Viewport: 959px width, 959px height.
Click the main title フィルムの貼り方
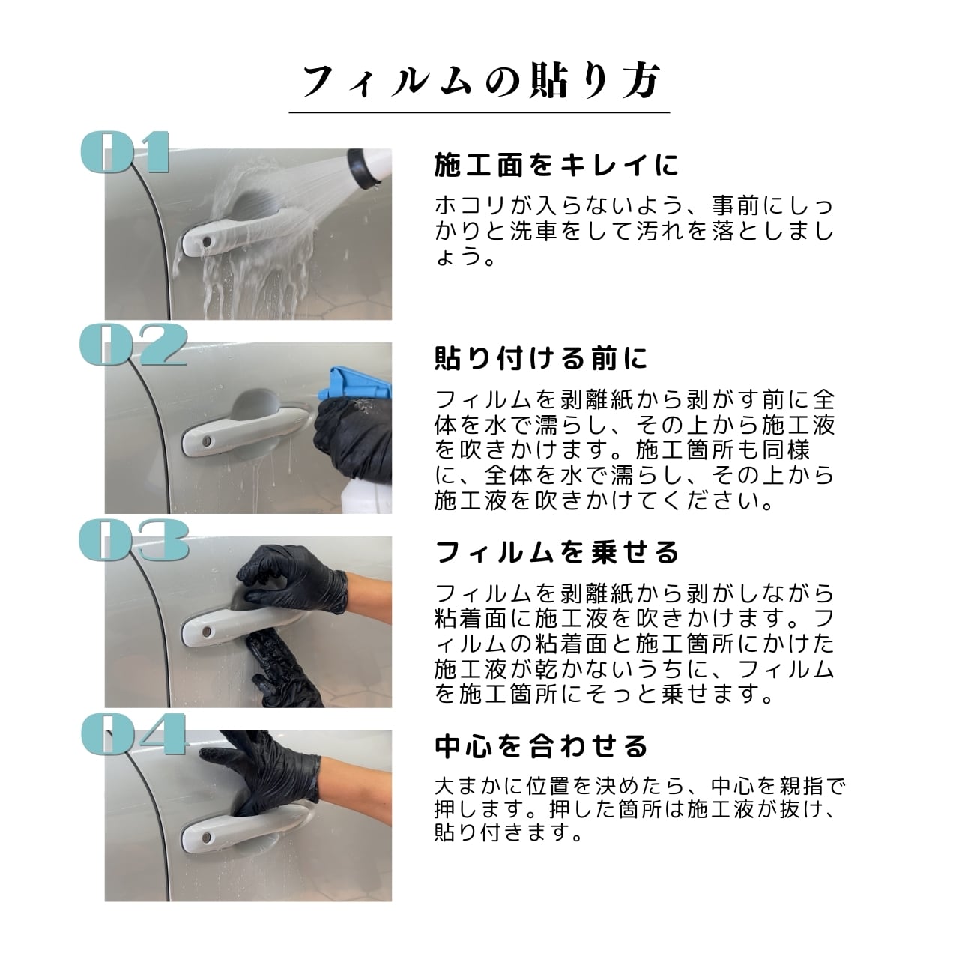[481, 81]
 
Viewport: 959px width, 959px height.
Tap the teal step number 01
[125, 152]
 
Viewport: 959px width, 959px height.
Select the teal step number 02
[133, 345]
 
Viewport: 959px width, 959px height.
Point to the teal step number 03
[134, 540]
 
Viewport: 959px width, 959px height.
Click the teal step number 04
[133, 733]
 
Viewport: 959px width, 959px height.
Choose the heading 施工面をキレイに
[557, 166]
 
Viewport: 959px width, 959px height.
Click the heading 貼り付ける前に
[541, 358]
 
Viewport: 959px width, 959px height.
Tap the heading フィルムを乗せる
[557, 552]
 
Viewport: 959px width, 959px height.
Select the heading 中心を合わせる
[541, 746]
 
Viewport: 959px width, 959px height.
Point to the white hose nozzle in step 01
[369, 169]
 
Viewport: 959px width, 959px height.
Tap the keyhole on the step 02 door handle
[205, 441]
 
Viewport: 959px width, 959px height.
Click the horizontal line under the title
[479, 112]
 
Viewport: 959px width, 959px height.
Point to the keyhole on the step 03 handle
[205, 632]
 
